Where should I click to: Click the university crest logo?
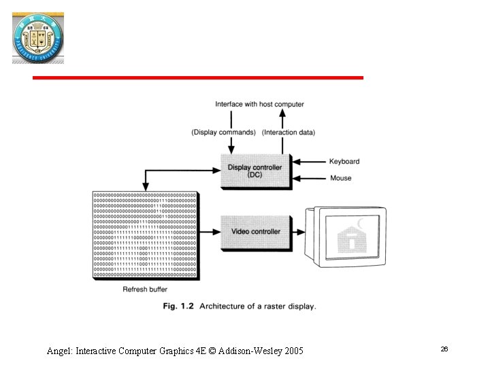coord(37,37)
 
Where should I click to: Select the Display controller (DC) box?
coord(255,171)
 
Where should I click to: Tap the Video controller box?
coord(255,232)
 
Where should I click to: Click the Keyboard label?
coord(344,162)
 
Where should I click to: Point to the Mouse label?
coord(340,178)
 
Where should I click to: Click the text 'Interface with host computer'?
coord(259,104)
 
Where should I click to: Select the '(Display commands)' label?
coord(223,132)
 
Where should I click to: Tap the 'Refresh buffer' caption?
coord(144,290)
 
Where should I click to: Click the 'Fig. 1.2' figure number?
coord(178,307)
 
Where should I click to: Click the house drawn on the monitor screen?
coord(352,239)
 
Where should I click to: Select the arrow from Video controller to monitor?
coord(300,232)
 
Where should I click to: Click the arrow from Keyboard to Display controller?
coord(309,162)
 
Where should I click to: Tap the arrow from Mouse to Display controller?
coord(309,178)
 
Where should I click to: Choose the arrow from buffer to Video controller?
coord(210,232)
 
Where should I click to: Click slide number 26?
coord(444,349)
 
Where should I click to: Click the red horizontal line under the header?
coord(198,78)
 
